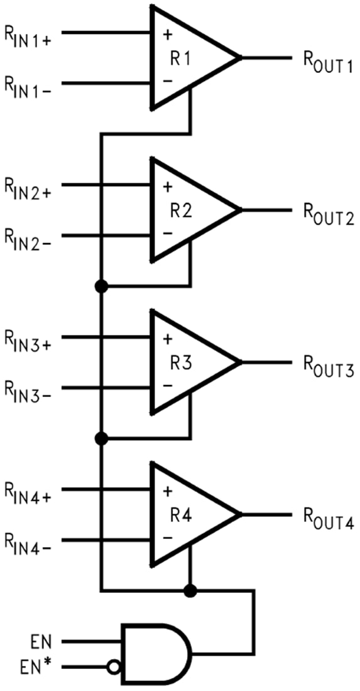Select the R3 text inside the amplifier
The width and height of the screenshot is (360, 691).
(x=181, y=363)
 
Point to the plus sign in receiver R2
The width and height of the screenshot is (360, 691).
(x=167, y=187)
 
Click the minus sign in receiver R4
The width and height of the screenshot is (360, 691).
(x=167, y=538)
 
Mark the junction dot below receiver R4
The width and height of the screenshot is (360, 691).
(x=190, y=590)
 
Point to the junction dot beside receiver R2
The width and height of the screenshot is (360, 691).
(x=100, y=286)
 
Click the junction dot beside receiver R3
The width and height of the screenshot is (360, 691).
(x=100, y=438)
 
